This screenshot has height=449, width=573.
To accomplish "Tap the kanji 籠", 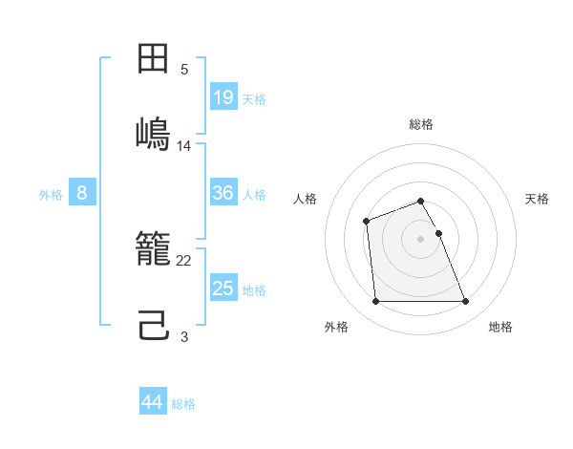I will pos(154,251).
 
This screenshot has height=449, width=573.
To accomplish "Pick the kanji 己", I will pos(154,324).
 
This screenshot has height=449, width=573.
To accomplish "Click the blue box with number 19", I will pos(223,96).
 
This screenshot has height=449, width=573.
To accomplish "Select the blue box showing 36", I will pos(223,193).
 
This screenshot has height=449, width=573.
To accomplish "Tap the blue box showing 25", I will pos(223,289).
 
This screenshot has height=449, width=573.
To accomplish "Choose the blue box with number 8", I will pos(82,193).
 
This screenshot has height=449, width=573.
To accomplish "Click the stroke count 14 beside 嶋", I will pos(184,145).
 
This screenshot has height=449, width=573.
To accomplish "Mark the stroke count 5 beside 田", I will pos(184,70).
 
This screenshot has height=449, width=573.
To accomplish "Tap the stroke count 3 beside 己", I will pos(184,336).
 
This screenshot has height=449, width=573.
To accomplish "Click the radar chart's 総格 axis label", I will pos(421,124).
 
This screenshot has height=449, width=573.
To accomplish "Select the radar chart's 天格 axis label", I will pos(537,199).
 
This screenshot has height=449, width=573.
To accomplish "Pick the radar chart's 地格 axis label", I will pos(500,327).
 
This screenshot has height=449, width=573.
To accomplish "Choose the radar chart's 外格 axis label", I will pos(336,327).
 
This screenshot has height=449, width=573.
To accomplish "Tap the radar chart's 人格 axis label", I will pos(306,199).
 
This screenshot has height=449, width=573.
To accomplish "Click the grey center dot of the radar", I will pos(421,238).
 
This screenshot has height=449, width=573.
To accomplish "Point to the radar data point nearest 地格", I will pos(465,302).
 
